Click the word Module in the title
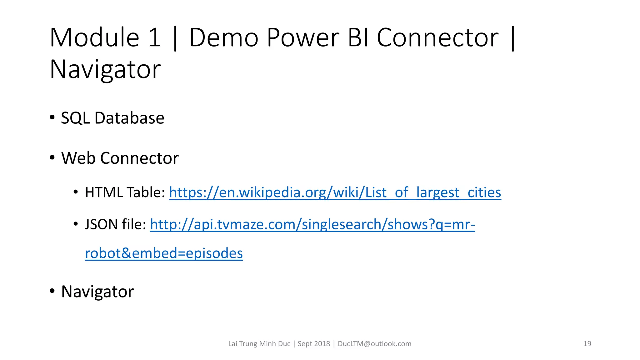94,38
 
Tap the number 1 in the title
154,38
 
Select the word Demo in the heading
224,38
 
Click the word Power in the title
303,38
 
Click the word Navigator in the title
105,70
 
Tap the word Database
129,118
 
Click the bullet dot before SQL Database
52,118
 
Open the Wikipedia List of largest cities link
335,192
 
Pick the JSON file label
115,224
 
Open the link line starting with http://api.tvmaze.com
312,224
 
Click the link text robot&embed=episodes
164,253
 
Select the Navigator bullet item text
97,292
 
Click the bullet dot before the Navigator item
52,291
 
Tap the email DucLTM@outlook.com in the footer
374,344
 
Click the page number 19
587,344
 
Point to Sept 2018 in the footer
314,344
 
